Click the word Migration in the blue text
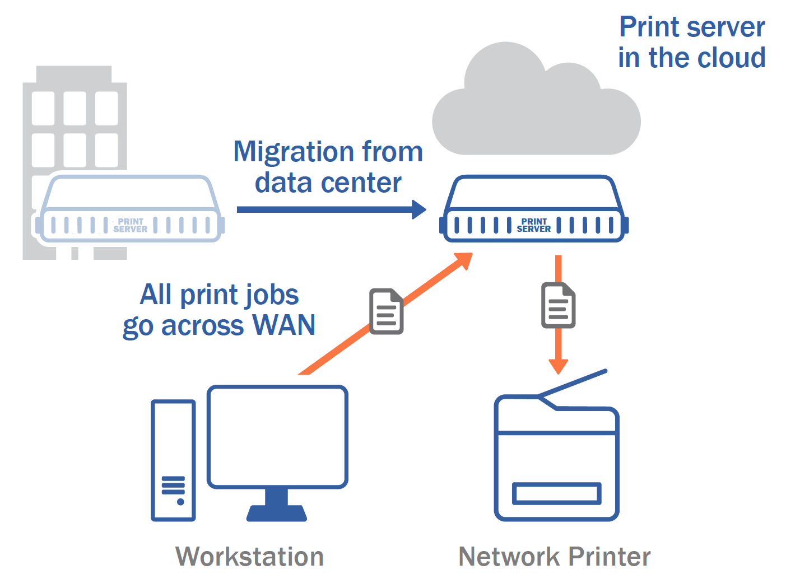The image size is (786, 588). tap(294, 152)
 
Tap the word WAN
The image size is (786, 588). tap(283, 325)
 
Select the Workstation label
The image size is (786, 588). tap(249, 557)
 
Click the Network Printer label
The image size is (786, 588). tap(554, 557)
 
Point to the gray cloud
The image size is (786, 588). tap(536, 104)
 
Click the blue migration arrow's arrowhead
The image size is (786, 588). tap(418, 209)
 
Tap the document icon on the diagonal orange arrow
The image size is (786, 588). tap(386, 311)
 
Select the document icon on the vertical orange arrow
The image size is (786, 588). tap(558, 305)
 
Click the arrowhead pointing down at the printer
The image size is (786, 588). tap(558, 366)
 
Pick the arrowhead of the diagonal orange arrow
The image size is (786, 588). tap(464, 260)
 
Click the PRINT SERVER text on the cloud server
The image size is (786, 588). tap(533, 225)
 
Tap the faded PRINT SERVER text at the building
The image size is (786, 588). tap(131, 226)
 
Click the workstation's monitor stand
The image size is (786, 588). tap(276, 505)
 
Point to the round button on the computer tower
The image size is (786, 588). tap(180, 502)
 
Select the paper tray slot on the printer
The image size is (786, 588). tap(556, 493)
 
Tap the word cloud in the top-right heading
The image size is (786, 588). tap(732, 58)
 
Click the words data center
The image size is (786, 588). tap(328, 183)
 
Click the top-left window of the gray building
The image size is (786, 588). tap(43, 109)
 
